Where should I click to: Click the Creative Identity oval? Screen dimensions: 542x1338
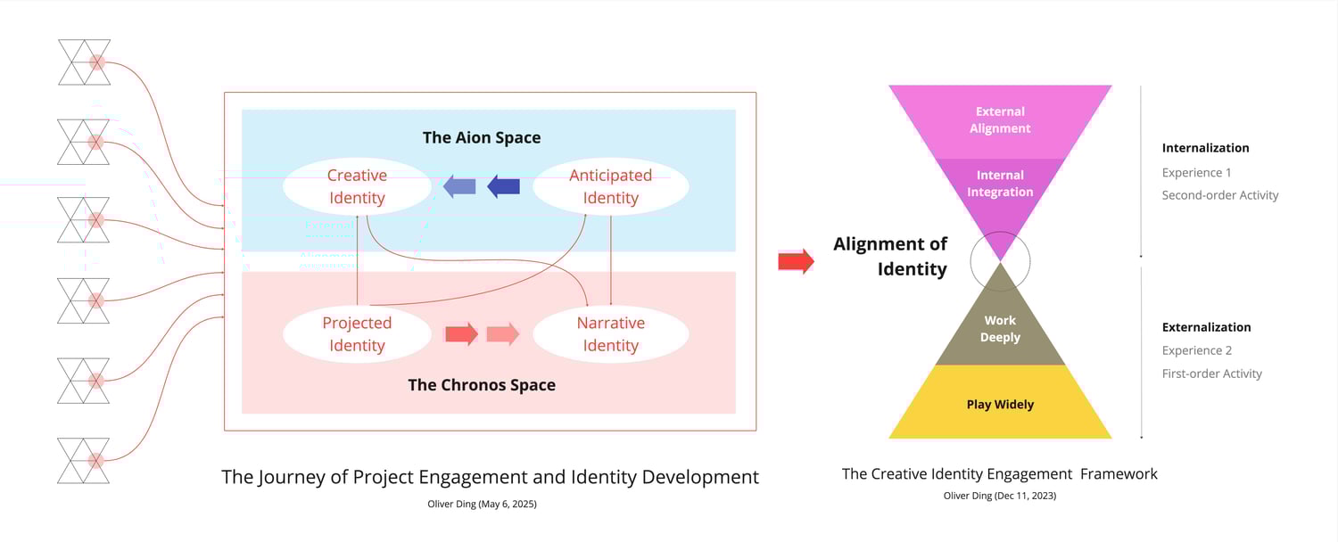point(357,186)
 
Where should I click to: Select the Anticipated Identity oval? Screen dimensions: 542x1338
point(610,186)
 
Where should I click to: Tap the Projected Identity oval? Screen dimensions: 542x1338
point(357,334)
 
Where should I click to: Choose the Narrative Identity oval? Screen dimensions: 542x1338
point(610,334)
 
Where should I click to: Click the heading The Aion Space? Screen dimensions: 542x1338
point(482,137)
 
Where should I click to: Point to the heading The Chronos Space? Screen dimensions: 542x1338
point(482,385)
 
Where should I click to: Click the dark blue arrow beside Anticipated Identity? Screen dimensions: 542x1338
point(503,186)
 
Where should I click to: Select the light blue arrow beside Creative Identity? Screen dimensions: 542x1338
point(459,186)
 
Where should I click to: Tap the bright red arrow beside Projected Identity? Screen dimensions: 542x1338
point(461,334)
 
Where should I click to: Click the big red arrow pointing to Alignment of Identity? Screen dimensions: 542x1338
point(796,261)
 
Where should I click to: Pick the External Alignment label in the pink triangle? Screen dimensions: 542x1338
point(1000,120)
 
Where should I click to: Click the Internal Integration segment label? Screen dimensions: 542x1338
point(1000,184)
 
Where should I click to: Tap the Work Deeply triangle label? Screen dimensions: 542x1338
point(1000,329)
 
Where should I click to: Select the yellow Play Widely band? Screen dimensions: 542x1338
point(1000,405)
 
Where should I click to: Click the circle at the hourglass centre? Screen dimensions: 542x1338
point(1000,261)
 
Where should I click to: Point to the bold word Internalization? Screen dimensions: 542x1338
point(1205,148)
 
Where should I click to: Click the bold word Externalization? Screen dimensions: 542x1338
point(1206,327)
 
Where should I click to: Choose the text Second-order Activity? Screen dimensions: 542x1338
point(1219,195)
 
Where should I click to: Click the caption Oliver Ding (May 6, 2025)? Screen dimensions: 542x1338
point(482,504)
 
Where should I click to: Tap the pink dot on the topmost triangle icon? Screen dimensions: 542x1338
point(97,62)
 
